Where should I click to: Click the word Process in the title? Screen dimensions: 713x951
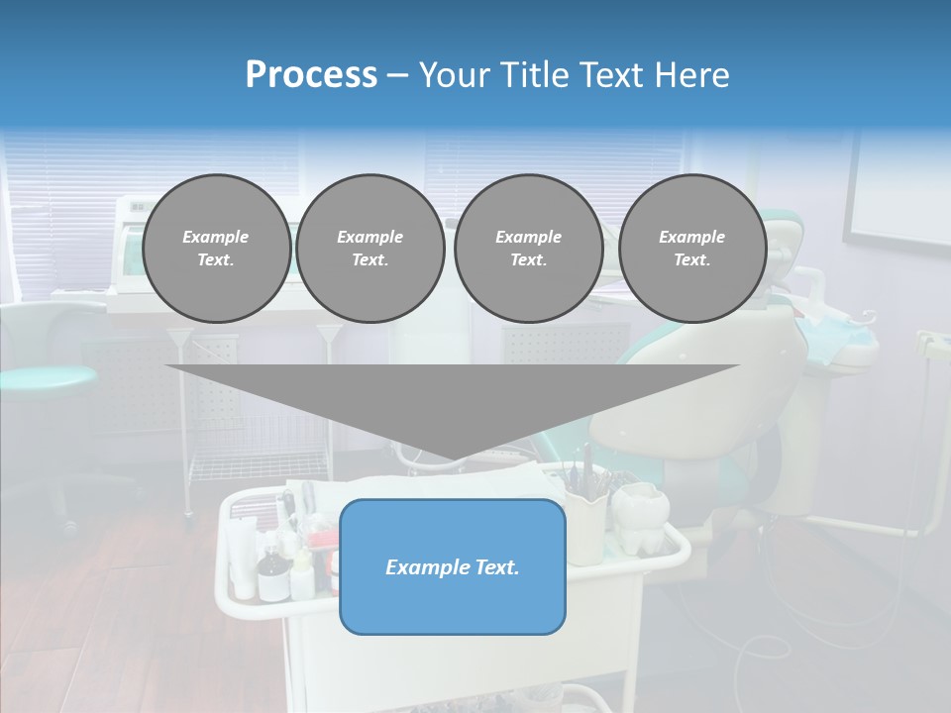tap(311, 75)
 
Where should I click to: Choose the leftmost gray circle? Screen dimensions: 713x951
tap(216, 249)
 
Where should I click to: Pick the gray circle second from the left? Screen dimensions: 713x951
tap(370, 249)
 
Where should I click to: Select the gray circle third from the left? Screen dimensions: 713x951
tap(528, 249)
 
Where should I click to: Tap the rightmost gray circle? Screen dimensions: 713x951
tap(691, 249)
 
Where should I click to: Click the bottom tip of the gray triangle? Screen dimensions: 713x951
tap(453, 459)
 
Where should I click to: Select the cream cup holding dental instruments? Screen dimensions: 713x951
tap(585, 525)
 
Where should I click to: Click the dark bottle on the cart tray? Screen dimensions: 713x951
tap(269, 578)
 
